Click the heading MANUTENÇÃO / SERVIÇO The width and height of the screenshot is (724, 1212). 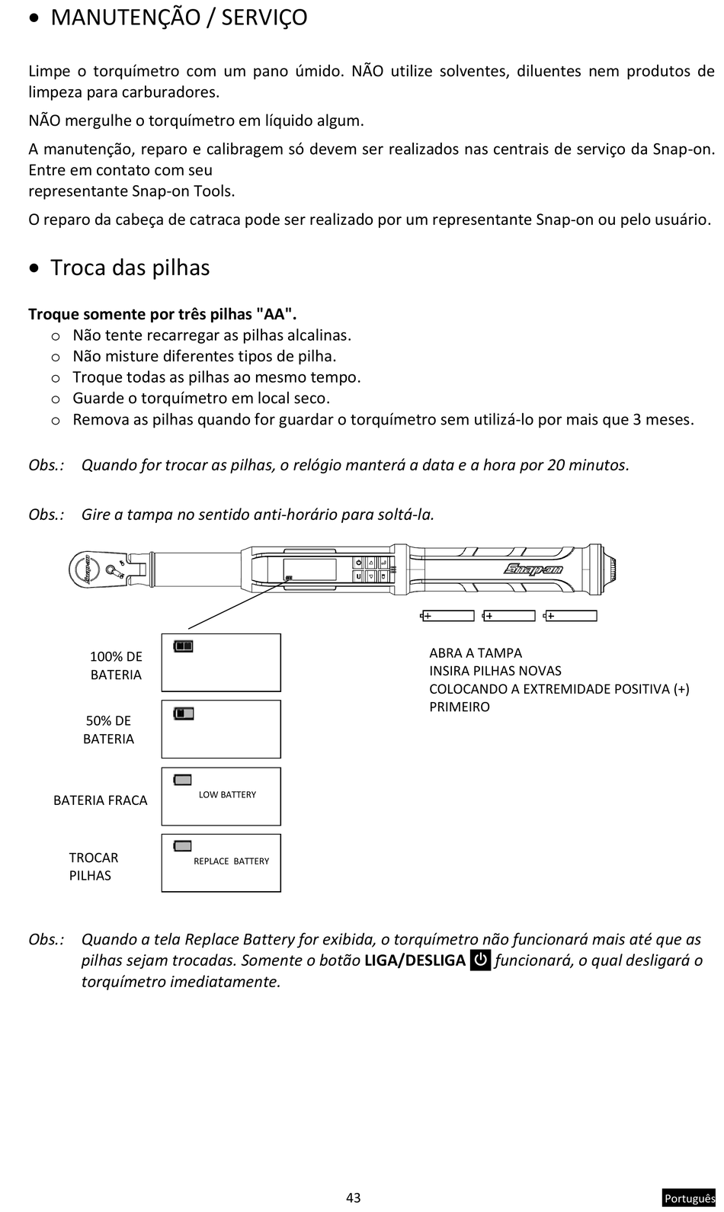pyautogui.click(x=178, y=18)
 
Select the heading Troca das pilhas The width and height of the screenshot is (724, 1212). pyautogui.click(x=130, y=268)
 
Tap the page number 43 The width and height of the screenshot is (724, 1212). pyautogui.click(x=353, y=1198)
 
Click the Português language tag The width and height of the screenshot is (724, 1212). pyautogui.click(x=689, y=1198)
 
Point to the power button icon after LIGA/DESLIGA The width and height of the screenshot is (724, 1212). pyautogui.click(x=480, y=960)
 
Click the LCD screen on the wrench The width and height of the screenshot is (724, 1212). pyautogui.click(x=309, y=569)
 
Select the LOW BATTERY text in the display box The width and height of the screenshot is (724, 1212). pyautogui.click(x=227, y=794)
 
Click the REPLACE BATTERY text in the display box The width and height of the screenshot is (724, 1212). pyautogui.click(x=231, y=861)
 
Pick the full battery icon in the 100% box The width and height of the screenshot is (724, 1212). pyautogui.click(x=183, y=646)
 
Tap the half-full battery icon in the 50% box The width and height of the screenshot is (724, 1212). pyautogui.click(x=183, y=713)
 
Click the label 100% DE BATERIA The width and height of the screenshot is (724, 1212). pyautogui.click(x=116, y=665)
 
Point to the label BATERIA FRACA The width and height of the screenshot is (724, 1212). pyautogui.click(x=100, y=800)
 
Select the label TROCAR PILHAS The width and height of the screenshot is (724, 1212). pyautogui.click(x=93, y=867)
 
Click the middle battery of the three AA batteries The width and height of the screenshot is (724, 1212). pyautogui.click(x=509, y=616)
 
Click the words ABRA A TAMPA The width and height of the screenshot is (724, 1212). pyautogui.click(x=476, y=653)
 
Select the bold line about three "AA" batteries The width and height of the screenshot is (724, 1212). pyautogui.click(x=162, y=314)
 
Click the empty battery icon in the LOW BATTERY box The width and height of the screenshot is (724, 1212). pyautogui.click(x=183, y=780)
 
